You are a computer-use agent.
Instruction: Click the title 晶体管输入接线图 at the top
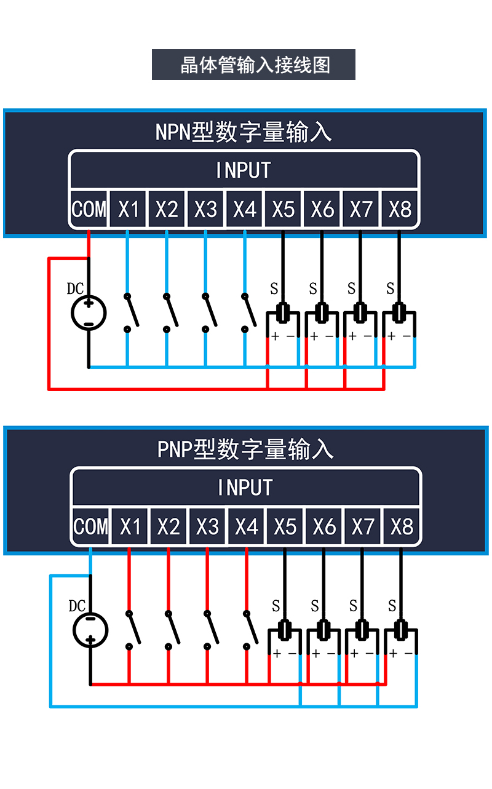point(253,65)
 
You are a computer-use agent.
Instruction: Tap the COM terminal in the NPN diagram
point(89,210)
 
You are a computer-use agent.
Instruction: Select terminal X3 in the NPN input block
point(206,210)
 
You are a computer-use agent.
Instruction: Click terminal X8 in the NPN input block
point(400,210)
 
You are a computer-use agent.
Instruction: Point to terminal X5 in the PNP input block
point(285,527)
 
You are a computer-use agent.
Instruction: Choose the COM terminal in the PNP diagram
point(91,527)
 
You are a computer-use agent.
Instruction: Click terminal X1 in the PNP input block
point(130,527)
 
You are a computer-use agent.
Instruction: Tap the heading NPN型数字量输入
point(244,132)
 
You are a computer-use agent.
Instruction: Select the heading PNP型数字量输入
point(245,450)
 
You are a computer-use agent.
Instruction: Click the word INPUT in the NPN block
point(244,170)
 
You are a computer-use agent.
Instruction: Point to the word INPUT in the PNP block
point(245,488)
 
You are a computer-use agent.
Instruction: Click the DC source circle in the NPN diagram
point(89,313)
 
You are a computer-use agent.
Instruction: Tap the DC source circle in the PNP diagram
point(90,630)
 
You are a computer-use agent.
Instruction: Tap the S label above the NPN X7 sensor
point(351,288)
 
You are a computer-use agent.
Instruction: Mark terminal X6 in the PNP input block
point(324,527)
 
